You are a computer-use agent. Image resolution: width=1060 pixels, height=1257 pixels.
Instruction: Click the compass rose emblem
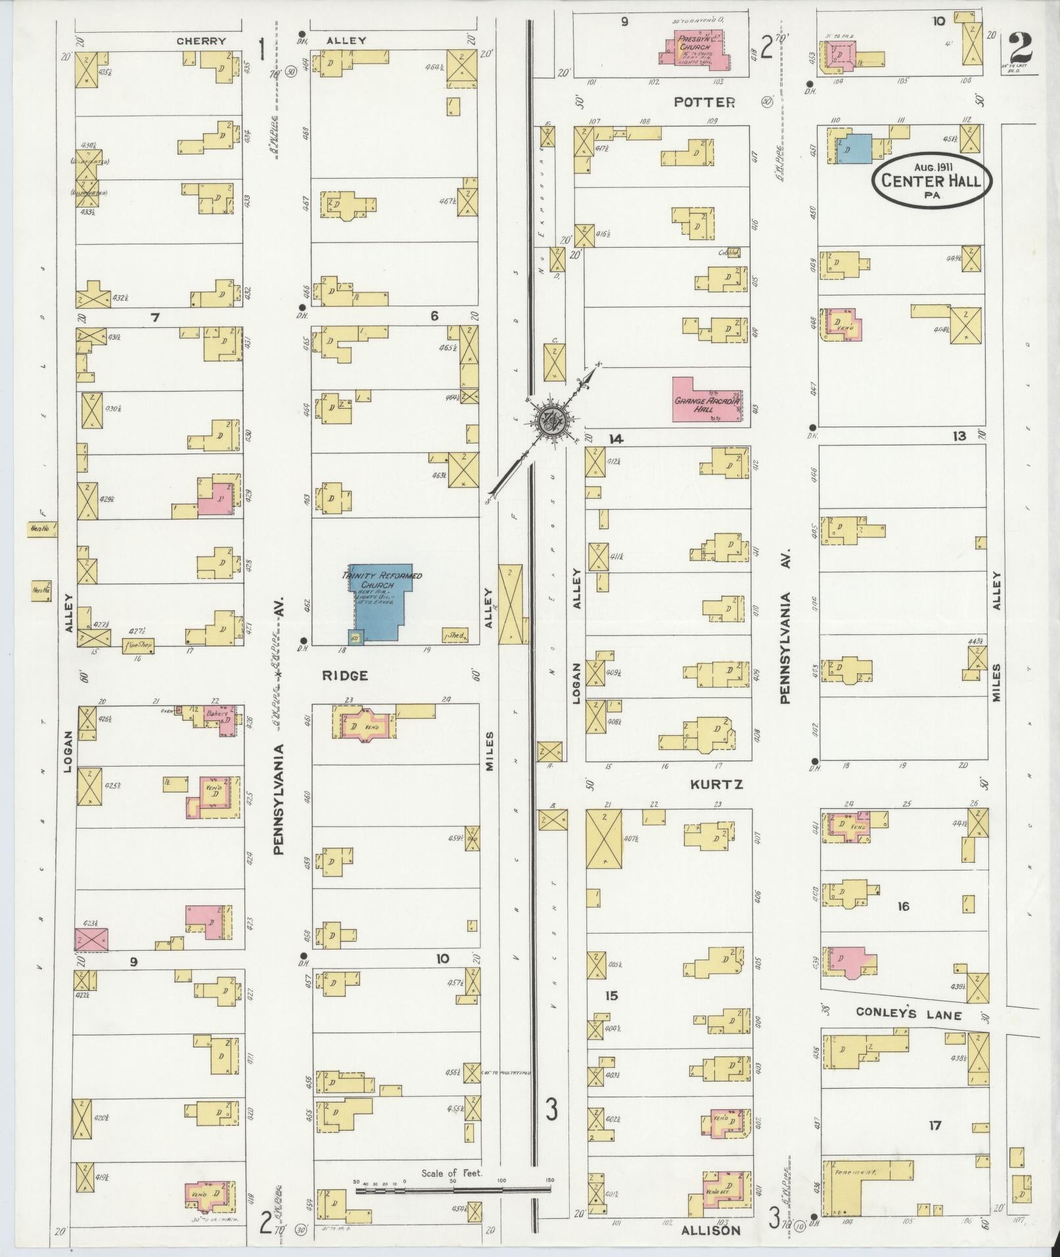[x=547, y=421]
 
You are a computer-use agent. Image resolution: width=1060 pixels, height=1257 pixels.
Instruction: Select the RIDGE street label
[x=344, y=675]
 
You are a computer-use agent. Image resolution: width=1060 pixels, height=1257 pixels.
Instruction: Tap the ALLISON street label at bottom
[x=712, y=1229]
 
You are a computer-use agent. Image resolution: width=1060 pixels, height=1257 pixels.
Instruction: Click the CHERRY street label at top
[x=201, y=41]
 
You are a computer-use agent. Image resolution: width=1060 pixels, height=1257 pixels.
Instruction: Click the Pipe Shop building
[x=138, y=645]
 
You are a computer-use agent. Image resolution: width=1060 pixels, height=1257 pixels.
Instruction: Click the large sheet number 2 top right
[x=1020, y=47]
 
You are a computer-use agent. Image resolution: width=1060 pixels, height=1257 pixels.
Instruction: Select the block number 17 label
[x=934, y=1126]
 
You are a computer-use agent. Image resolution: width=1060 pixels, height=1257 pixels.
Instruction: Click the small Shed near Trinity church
[x=455, y=635]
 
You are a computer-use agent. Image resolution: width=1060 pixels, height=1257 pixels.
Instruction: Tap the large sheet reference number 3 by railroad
[x=551, y=1110]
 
